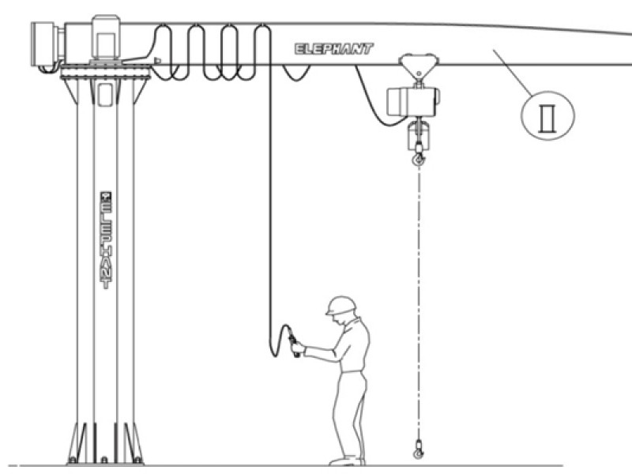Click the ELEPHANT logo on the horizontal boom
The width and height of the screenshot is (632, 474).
tap(333, 49)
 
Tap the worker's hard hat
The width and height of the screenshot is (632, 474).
tap(341, 305)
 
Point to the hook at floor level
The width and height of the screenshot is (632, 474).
tap(418, 451)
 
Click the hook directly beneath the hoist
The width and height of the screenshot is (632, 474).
tap(418, 160)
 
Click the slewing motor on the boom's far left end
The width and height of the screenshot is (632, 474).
tap(46, 43)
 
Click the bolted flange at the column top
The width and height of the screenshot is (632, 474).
tap(105, 73)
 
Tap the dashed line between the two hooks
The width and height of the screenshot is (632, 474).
tap(418, 300)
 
